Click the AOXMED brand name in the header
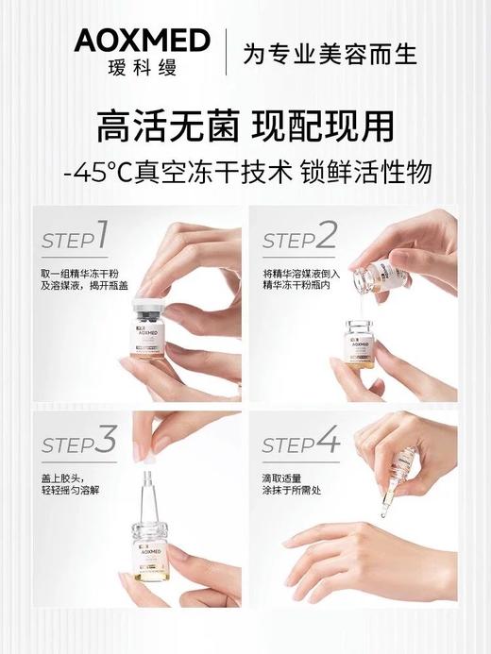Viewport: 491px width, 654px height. coord(142,41)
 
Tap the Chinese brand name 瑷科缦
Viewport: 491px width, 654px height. coord(142,68)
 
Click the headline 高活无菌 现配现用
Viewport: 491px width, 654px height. coord(245,127)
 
